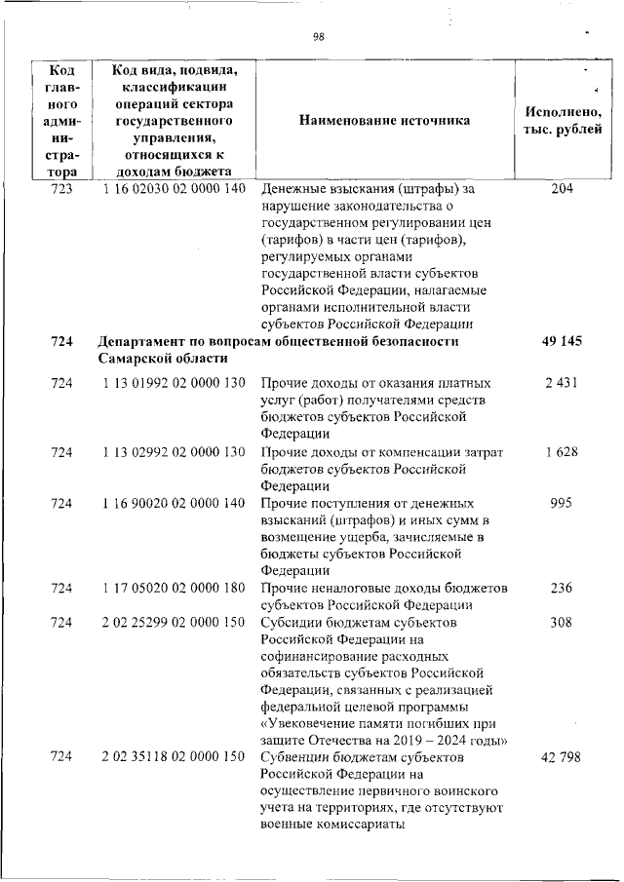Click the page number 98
(318, 37)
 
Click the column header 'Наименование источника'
(384, 121)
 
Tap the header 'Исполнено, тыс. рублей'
(563, 121)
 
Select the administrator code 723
(60, 189)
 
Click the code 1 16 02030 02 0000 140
(173, 189)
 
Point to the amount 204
(562, 189)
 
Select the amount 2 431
(562, 383)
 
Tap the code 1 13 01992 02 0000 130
(173, 383)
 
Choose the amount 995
(562, 503)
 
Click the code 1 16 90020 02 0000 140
(173, 503)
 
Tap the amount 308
(562, 622)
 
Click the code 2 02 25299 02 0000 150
(173, 622)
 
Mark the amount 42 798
(562, 757)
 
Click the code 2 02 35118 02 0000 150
(173, 757)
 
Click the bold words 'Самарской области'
(163, 359)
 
